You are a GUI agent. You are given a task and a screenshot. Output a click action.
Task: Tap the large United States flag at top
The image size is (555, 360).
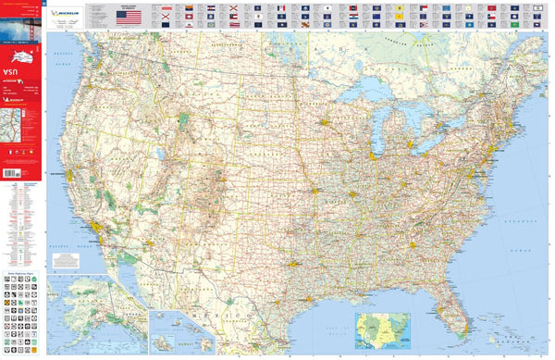[x=129, y=17]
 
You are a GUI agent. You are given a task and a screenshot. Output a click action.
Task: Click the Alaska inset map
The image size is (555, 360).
[x=92, y=315]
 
